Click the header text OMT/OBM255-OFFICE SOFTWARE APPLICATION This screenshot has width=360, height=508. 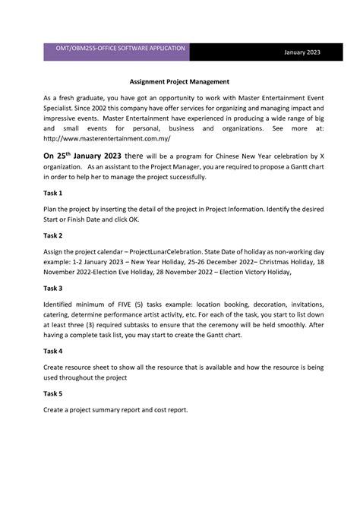(x=115, y=48)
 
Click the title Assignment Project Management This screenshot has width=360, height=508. (x=179, y=80)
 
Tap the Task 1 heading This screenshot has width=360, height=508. (x=53, y=194)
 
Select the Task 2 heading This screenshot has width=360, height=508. (x=53, y=236)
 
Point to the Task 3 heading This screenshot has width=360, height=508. (x=53, y=289)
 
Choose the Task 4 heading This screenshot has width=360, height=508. (x=53, y=352)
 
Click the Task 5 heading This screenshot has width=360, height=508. (x=53, y=394)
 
